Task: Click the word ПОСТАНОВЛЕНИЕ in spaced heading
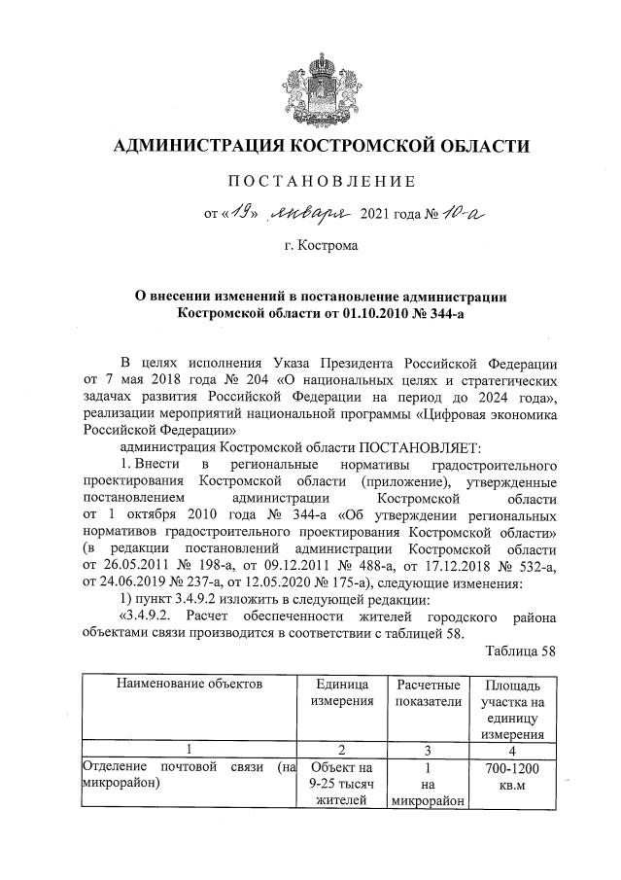321,181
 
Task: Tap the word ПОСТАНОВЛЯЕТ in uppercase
415,447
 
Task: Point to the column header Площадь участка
511,691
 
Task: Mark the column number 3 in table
428,748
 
